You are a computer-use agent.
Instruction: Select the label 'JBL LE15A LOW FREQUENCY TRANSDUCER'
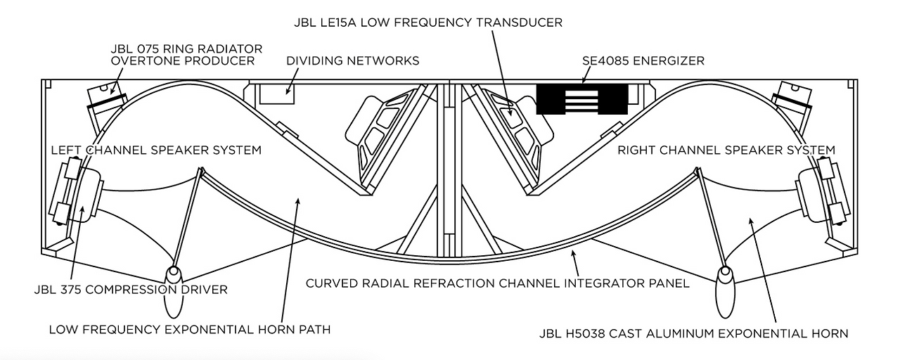(428, 22)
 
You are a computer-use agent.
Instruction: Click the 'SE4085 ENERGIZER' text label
(643, 61)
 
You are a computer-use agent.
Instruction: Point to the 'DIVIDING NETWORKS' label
(352, 61)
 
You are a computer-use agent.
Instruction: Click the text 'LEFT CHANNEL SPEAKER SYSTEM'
(156, 150)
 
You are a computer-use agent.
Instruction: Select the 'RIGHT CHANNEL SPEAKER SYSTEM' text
(726, 150)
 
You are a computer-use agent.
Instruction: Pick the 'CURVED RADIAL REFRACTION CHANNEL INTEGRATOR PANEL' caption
(497, 283)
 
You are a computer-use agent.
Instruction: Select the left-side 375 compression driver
(75, 191)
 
